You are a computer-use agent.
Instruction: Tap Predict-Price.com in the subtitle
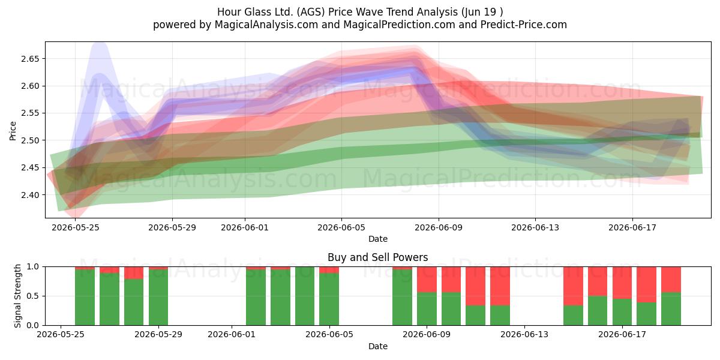pyautogui.click(x=524, y=25)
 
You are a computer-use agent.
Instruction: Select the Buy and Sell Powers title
pyautogui.click(x=377, y=257)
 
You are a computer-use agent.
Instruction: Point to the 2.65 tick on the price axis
pyautogui.click(x=30, y=59)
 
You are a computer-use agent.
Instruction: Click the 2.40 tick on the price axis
pyautogui.click(x=30, y=195)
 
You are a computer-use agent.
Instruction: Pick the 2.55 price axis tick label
pyautogui.click(x=30, y=113)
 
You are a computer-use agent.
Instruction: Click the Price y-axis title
pyautogui.click(x=13, y=131)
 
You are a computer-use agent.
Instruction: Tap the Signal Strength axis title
pyautogui.click(x=17, y=296)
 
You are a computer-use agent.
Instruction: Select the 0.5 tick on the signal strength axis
pyautogui.click(x=33, y=296)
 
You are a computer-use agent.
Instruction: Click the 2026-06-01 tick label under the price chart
pyautogui.click(x=245, y=227)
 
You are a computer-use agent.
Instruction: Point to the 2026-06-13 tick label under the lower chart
pyautogui.click(x=524, y=334)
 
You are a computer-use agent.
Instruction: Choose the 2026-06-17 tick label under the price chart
pyautogui.click(x=632, y=227)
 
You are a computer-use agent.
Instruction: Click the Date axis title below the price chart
pyautogui.click(x=377, y=239)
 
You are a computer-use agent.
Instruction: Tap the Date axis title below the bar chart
pyautogui.click(x=377, y=346)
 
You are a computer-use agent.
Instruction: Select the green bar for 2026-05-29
pyautogui.click(x=158, y=298)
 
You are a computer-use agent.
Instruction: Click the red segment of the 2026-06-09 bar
pyautogui.click(x=427, y=280)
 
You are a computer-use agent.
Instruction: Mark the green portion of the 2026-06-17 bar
pyautogui.click(x=622, y=312)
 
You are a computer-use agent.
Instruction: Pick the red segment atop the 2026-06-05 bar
pyautogui.click(x=329, y=269)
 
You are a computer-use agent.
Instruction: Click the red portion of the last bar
pyautogui.click(x=671, y=280)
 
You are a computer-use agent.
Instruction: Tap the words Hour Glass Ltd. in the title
pyautogui.click(x=255, y=12)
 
